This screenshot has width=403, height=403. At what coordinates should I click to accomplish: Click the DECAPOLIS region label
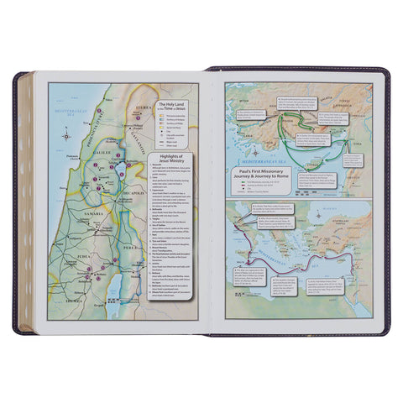[x=132, y=202]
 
